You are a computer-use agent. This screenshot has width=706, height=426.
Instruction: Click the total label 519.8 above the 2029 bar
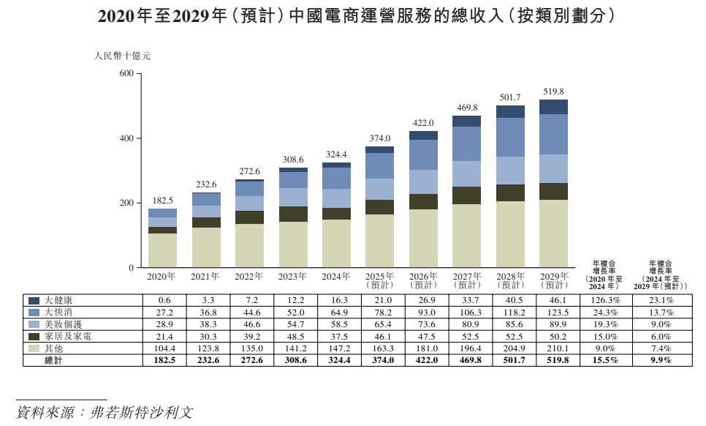[x=553, y=91]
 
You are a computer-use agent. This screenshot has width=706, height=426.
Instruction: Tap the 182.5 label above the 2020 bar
[x=162, y=201]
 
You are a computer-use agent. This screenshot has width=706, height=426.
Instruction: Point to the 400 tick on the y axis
[x=125, y=138]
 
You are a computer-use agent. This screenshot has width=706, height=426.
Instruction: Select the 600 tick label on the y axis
[x=125, y=74]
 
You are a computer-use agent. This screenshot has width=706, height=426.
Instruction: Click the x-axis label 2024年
[x=335, y=277]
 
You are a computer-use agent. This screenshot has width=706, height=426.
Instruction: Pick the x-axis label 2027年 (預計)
[x=466, y=280]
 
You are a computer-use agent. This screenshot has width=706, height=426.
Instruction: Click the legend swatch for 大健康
[x=34, y=300]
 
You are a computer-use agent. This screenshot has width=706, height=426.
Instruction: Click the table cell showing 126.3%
[x=606, y=300]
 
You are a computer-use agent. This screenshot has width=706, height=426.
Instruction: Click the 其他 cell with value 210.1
[x=554, y=348]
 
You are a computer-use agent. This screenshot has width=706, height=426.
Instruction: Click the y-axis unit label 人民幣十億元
[x=122, y=55]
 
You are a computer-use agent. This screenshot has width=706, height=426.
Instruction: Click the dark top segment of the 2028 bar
[x=510, y=111]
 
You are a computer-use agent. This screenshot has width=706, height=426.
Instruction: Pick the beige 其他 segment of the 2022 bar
[x=249, y=245]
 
